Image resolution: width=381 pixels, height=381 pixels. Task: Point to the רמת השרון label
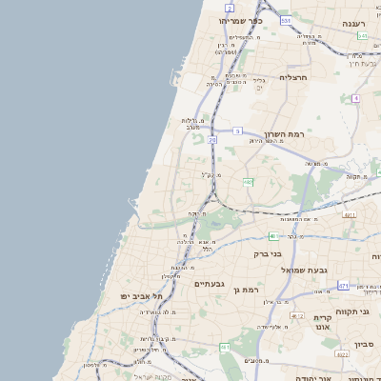[x=284, y=135]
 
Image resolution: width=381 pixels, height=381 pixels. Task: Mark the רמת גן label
[x=246, y=289]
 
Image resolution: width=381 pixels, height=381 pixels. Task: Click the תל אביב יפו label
[x=136, y=296]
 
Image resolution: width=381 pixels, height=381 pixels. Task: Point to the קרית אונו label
[x=324, y=322]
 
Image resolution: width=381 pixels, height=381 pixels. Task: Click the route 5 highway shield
[x=236, y=130]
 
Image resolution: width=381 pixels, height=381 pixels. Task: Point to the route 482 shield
[x=248, y=181]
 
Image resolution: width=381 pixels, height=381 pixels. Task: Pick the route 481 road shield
[x=273, y=235]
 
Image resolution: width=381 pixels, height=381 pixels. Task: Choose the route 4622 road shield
[x=342, y=354]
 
